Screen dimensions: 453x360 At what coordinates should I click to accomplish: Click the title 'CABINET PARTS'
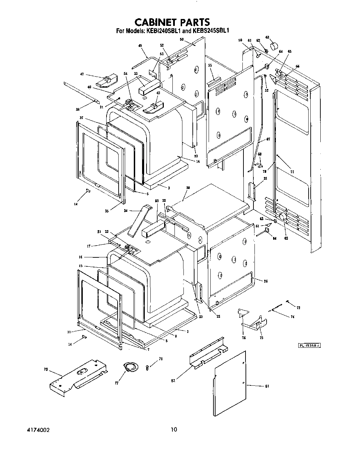[x=172, y=22]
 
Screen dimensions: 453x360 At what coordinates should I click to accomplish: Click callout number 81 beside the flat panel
[x=267, y=386]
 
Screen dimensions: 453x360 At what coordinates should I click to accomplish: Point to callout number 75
[x=261, y=338]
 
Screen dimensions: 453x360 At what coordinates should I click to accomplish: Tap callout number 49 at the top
[x=140, y=46]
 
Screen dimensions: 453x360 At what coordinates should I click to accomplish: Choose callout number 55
[x=210, y=65]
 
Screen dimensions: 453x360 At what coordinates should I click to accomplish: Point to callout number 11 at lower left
[x=69, y=332]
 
